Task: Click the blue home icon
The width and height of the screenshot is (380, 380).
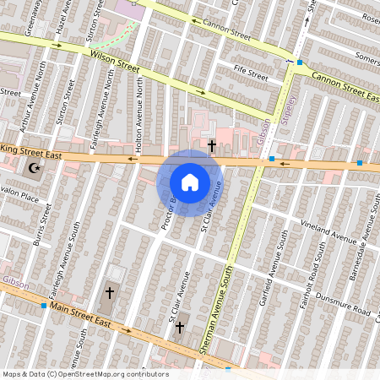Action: pyautogui.click(x=190, y=182)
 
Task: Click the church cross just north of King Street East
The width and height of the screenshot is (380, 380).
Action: pyautogui.click(x=211, y=146)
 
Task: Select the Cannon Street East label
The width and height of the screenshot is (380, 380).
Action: pyautogui.click(x=345, y=82)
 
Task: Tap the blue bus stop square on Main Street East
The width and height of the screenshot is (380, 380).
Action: pyautogui.click(x=44, y=305)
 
